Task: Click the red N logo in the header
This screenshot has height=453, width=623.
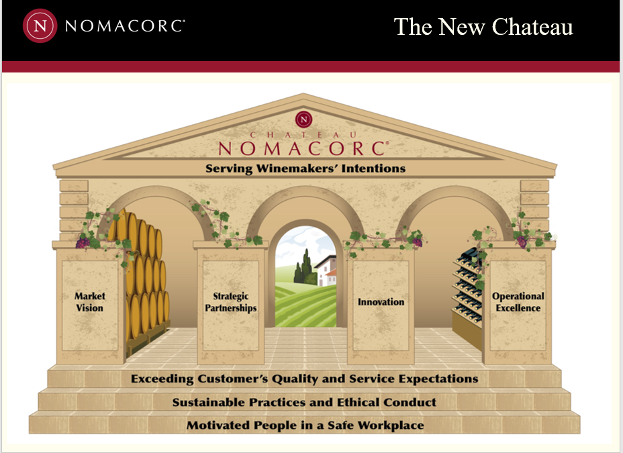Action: tap(40, 26)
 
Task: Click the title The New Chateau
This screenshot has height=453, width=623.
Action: tap(483, 27)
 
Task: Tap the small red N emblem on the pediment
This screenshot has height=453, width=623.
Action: tap(304, 119)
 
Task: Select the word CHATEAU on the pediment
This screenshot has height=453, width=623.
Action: tap(303, 135)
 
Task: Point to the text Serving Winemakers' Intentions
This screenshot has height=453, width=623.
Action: tap(305, 168)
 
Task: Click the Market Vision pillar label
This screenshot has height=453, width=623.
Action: tap(90, 302)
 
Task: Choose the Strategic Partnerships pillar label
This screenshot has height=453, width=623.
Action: tap(231, 302)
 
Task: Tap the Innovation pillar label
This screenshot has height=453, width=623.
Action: tap(381, 302)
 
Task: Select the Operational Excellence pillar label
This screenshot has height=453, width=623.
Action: tap(518, 302)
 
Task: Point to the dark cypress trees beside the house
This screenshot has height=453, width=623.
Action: tap(303, 267)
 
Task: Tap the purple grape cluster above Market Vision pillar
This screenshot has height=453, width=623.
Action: tap(83, 242)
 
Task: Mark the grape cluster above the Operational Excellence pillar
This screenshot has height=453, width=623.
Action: tap(522, 242)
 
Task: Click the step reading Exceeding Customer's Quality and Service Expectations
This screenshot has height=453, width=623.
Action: tap(304, 379)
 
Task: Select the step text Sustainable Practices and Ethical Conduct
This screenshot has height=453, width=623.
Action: tap(304, 403)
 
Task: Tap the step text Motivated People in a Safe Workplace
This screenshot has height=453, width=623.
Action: tap(305, 425)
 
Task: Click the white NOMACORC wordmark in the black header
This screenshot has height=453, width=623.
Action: tap(125, 26)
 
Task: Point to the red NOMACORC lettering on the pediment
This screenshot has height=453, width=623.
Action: tap(303, 148)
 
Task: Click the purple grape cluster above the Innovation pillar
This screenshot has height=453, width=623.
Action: tap(417, 242)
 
